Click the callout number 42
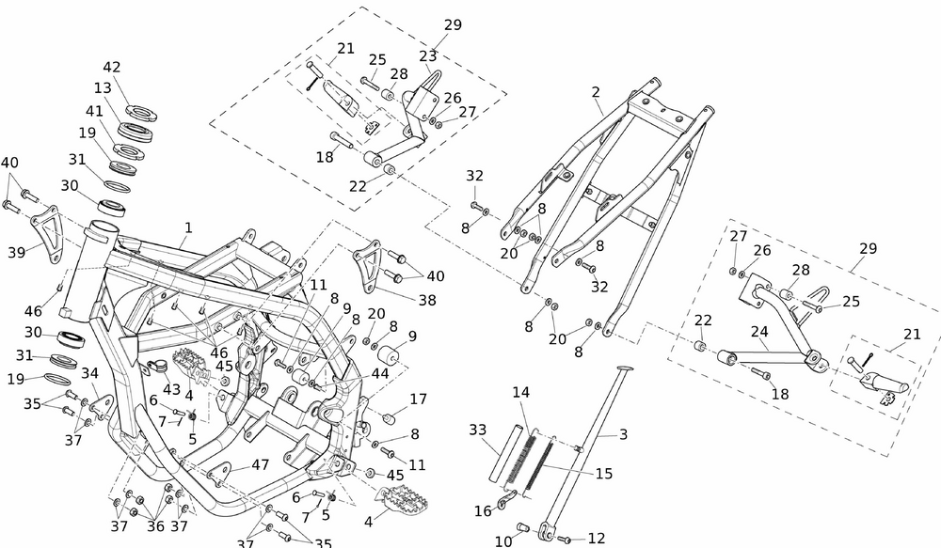[x=112, y=67]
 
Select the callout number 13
[x=103, y=88]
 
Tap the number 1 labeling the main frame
[x=188, y=227]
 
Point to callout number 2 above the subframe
[x=596, y=91]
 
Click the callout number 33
[x=478, y=430]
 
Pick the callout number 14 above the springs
[x=521, y=392]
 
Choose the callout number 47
[x=261, y=465]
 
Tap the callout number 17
[x=419, y=399]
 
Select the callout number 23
[x=428, y=56]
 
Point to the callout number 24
[x=759, y=331]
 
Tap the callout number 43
[x=171, y=389]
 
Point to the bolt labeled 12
[x=565, y=539]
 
